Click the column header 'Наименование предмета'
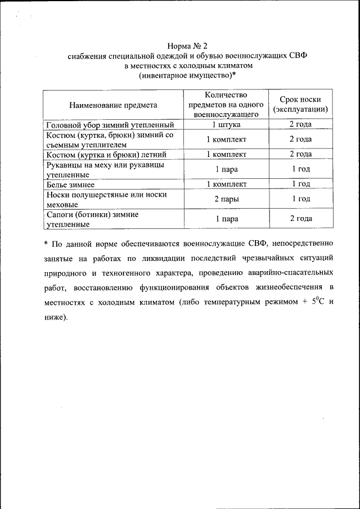pos(113,105)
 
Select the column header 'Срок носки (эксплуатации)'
pos(300,105)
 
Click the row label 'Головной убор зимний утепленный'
pos(110,125)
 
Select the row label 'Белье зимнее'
pos(70,184)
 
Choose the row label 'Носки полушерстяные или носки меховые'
pos(107,199)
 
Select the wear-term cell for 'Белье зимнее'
pos(300,184)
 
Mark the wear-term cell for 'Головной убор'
pos(300,125)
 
